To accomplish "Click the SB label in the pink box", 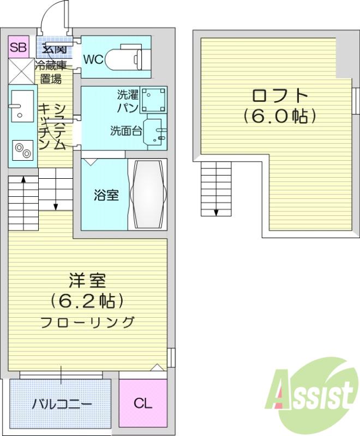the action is click(x=19, y=47).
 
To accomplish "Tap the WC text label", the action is click(x=93, y=59).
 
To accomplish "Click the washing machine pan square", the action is click(x=153, y=100).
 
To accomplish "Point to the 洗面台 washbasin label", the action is click(x=127, y=130).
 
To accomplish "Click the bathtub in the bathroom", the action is click(x=148, y=195).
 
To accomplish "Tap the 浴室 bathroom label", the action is click(x=106, y=195).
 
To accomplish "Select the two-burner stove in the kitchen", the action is click(x=22, y=150).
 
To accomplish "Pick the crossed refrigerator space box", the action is click(x=22, y=71).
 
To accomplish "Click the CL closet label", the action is click(x=143, y=403).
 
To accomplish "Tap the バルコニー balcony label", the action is click(x=62, y=404).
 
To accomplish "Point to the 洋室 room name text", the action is click(x=87, y=281).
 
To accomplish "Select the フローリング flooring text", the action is click(x=87, y=322).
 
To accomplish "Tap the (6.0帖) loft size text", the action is click(x=280, y=116).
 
